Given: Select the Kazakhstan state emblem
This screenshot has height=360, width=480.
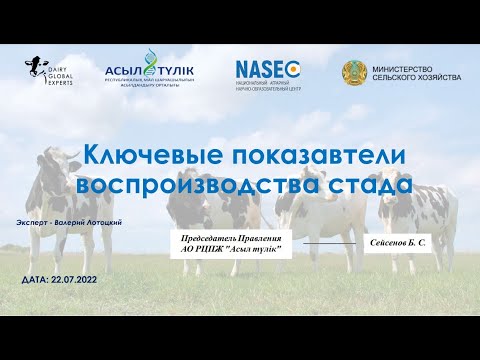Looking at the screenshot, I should coord(353,73).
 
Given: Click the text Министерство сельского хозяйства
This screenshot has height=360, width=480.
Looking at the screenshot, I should coord(417,73).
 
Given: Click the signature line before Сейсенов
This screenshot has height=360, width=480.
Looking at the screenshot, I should coord(329,243).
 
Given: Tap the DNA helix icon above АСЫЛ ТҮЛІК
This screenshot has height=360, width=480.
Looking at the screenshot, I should coord(150,56).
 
